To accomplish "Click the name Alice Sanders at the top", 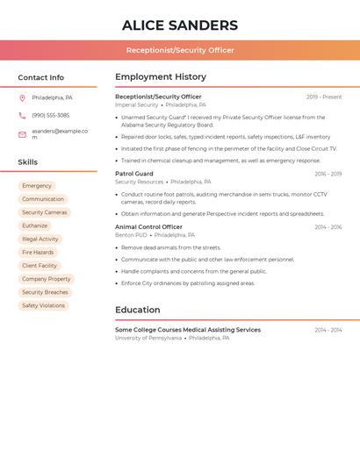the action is (180, 25).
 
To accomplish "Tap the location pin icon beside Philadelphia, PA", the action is (22, 98).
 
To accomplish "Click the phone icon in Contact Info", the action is (22, 115).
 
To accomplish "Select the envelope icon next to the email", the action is (22, 134).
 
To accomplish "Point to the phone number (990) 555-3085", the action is (50, 115).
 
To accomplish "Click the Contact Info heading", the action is (41, 77).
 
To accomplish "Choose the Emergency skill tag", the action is (37, 186).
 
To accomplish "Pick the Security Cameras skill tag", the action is (44, 212).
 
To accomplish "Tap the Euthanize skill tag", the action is (35, 225).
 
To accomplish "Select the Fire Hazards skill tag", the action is (38, 253).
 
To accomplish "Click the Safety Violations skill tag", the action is (43, 305).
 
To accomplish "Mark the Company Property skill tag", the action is (47, 279).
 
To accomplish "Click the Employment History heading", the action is (161, 77).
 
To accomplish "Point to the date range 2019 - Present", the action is (324, 97).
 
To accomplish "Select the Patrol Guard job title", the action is (134, 174).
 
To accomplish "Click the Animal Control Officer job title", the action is (148, 227).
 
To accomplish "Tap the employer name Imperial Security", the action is (137, 104).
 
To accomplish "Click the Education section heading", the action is (138, 310).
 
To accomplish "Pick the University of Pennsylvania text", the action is (148, 338).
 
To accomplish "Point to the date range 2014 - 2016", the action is (328, 227).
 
